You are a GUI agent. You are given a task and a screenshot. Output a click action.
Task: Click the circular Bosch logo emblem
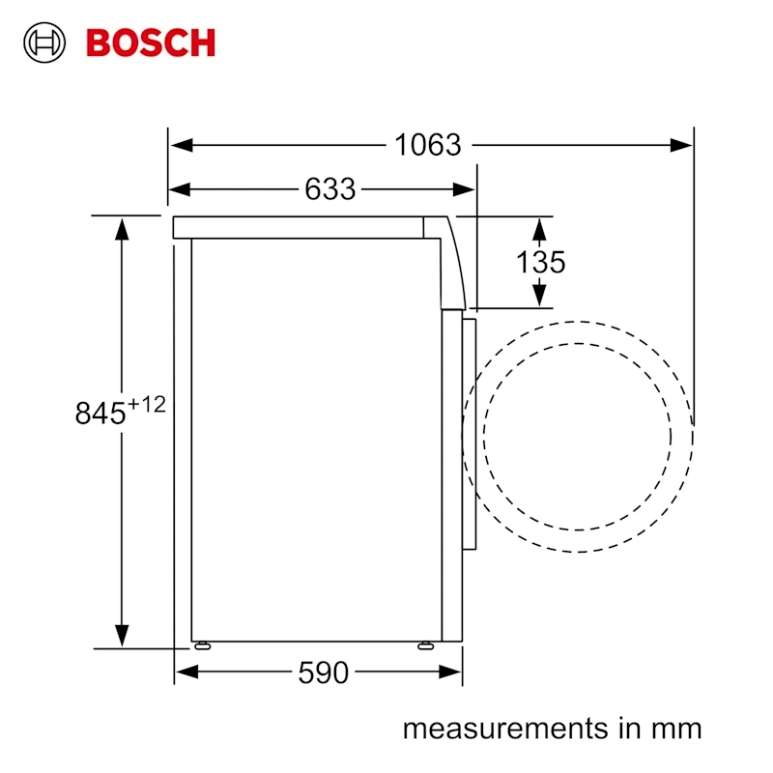[44, 43]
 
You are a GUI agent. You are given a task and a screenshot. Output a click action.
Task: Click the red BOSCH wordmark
[151, 43]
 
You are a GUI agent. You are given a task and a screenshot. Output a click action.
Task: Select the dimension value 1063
[428, 145]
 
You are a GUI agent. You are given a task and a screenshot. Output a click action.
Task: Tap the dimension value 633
[329, 189]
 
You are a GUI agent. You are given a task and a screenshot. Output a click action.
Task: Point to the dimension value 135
[540, 262]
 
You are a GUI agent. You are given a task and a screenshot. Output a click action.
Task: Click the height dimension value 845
[100, 413]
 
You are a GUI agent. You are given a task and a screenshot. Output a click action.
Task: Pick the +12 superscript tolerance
[147, 405]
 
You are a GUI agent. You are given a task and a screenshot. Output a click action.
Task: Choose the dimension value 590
[323, 673]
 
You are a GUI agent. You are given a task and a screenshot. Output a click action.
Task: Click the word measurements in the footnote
[505, 729]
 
